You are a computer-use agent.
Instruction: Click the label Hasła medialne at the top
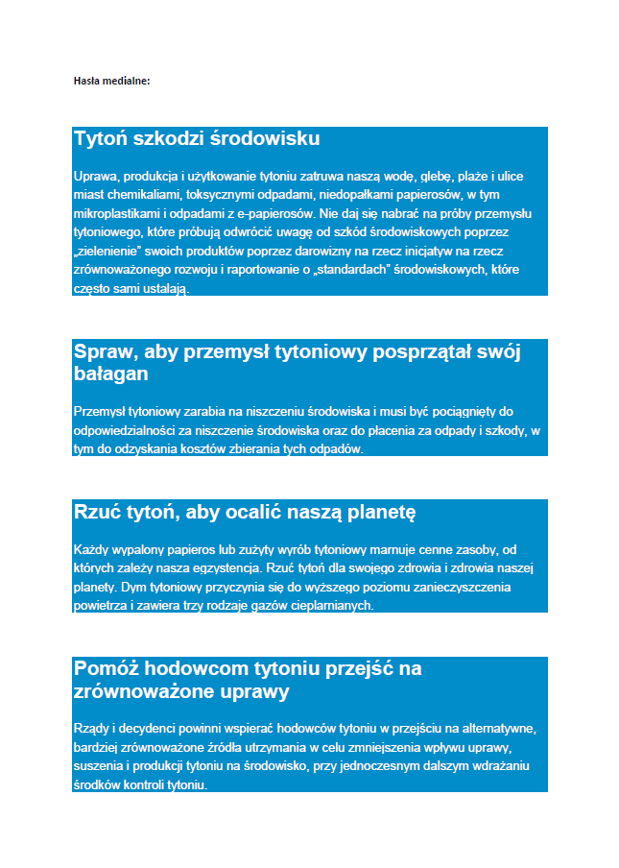tap(111, 81)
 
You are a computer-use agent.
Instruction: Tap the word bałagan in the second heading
tap(110, 373)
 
